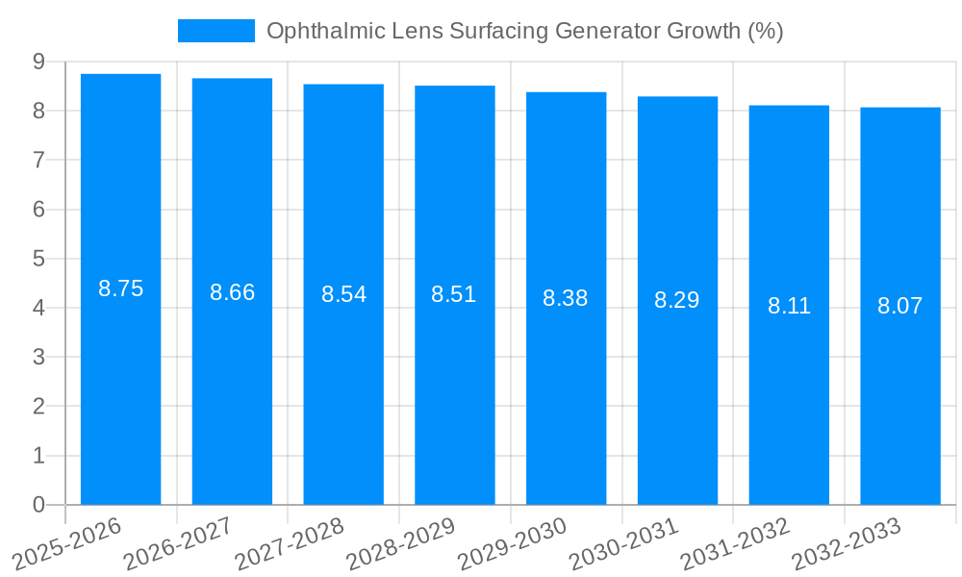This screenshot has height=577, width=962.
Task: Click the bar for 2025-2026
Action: pyautogui.click(x=120, y=288)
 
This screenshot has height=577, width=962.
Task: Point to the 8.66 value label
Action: pyautogui.click(x=232, y=293)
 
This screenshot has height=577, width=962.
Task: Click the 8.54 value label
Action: pyautogui.click(x=343, y=295)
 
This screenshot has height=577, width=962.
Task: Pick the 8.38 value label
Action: pyautogui.click(x=566, y=298)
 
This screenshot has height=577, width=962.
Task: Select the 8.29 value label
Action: pyautogui.click(x=677, y=300)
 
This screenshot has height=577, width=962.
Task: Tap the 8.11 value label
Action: pyautogui.click(x=789, y=307)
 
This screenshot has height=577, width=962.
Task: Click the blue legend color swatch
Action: pyautogui.click(x=215, y=31)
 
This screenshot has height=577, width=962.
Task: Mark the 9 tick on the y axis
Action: pyautogui.click(x=38, y=62)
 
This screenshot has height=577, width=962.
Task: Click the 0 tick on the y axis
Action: pyautogui.click(x=38, y=505)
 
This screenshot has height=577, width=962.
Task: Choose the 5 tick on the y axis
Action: pyautogui.click(x=38, y=259)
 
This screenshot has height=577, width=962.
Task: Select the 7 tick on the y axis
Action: pyautogui.click(x=38, y=160)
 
